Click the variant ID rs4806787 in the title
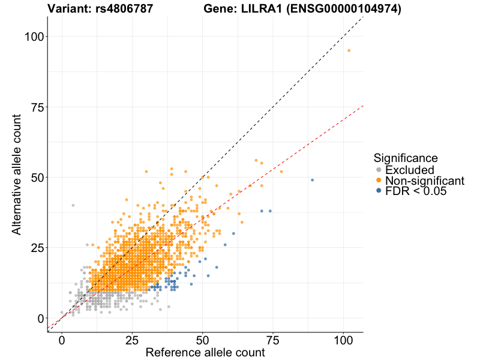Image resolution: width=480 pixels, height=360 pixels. click(x=124, y=9)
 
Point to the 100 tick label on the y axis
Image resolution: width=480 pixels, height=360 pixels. click(x=34, y=37)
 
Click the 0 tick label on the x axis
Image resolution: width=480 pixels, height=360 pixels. click(x=62, y=340)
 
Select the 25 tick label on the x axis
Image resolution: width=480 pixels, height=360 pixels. click(x=132, y=340)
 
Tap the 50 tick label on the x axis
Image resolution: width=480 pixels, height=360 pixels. click(x=203, y=340)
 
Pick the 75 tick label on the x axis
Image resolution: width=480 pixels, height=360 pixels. click(x=273, y=340)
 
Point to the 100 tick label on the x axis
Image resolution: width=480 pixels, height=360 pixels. click(x=343, y=340)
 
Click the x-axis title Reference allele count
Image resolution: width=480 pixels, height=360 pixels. click(x=205, y=352)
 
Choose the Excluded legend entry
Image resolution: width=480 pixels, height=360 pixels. click(x=409, y=170)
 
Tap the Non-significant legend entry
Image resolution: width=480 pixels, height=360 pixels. click(x=424, y=181)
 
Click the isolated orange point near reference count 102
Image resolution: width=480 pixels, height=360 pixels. click(x=349, y=50)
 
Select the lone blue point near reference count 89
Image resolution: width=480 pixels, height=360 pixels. click(x=312, y=180)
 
